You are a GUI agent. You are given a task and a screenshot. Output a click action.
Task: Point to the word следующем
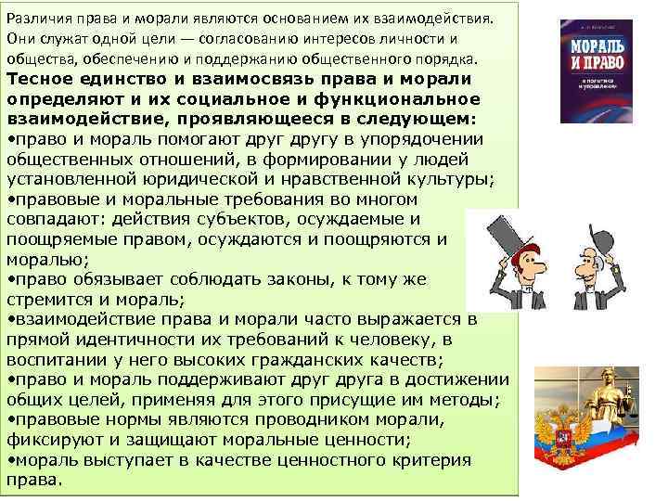[417, 120]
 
